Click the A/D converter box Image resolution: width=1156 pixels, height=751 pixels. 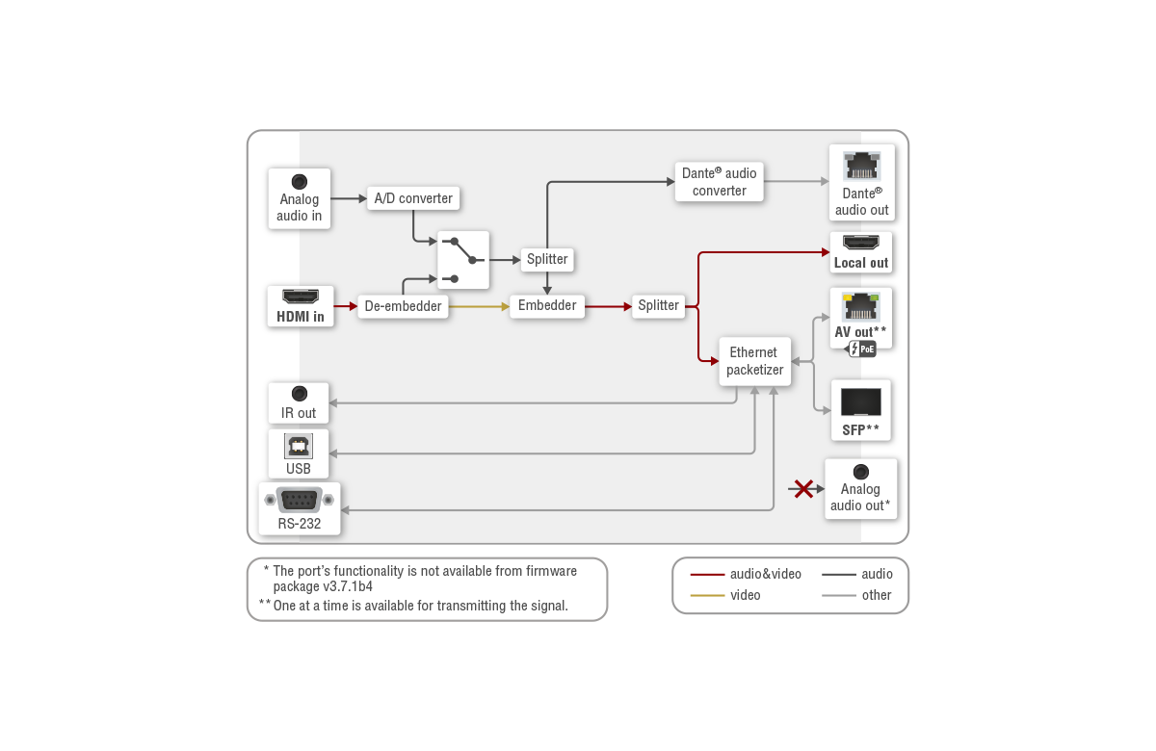412,198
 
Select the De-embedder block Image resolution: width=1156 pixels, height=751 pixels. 404,307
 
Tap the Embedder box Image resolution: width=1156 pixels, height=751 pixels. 547,305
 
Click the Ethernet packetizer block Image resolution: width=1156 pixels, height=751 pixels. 754,361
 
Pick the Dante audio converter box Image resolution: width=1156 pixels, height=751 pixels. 720,181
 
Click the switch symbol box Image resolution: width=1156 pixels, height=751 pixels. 462,259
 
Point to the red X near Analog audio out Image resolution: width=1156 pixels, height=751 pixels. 801,489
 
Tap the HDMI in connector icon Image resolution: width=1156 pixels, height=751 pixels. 301,297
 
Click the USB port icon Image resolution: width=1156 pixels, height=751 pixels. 299,446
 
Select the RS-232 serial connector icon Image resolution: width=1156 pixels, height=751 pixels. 299,500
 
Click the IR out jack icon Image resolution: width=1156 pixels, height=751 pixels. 299,394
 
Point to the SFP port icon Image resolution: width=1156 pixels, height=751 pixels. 860,402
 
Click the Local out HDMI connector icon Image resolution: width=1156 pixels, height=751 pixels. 861,243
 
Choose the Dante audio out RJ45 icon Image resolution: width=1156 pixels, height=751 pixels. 861,168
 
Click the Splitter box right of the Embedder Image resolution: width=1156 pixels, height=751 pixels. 659,305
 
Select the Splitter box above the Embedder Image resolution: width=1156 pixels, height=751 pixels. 547,259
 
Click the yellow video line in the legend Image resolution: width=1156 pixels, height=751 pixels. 707,595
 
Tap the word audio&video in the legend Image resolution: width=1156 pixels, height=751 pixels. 765,574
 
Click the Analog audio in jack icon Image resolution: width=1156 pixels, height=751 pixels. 300,181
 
